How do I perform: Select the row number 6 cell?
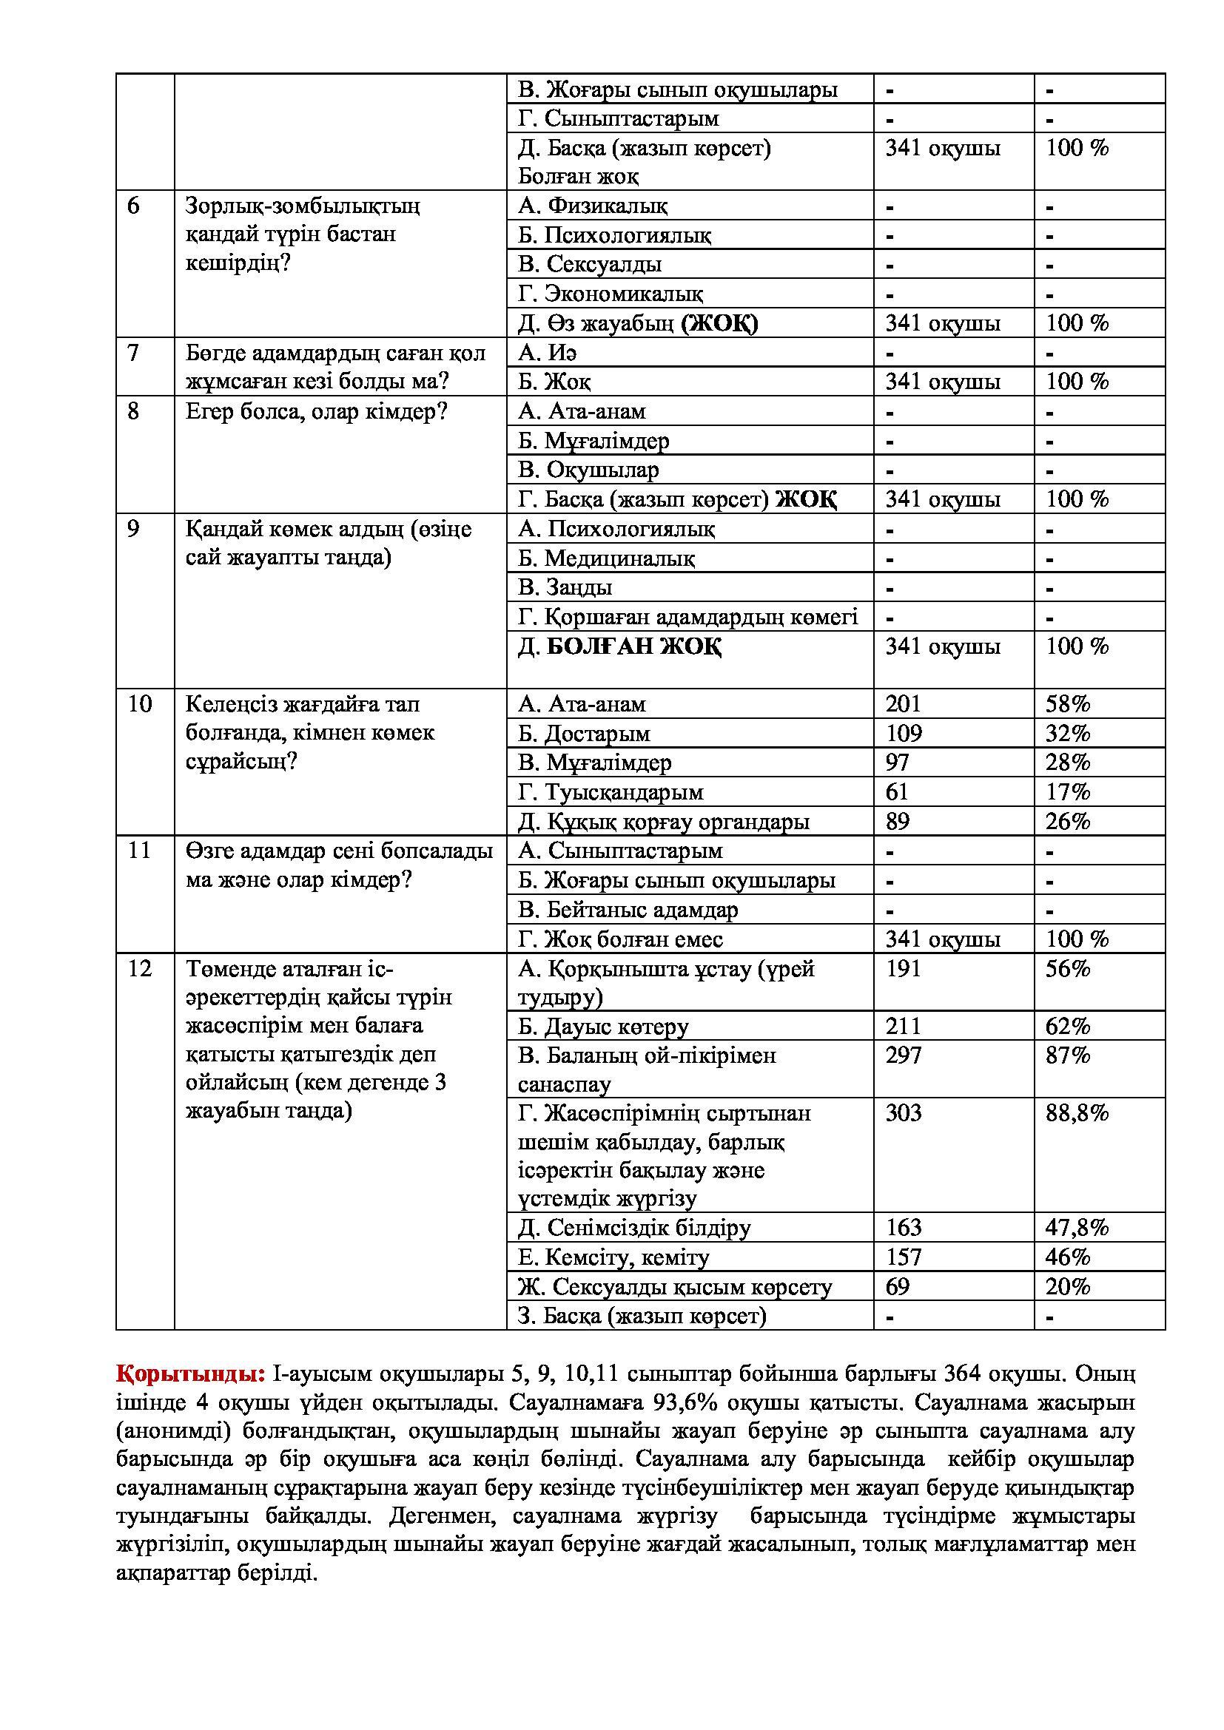[133, 206]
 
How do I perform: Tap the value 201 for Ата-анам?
[903, 703]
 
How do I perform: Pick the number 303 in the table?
[903, 1113]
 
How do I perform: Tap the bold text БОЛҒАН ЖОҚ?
[633, 646]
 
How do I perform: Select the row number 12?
[140, 968]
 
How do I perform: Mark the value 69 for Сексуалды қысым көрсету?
[897, 1286]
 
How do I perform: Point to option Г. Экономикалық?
[611, 294]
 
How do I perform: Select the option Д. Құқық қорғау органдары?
[663, 821]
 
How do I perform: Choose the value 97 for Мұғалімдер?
[897, 763]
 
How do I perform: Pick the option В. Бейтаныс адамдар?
[627, 910]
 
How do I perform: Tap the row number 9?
[133, 529]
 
